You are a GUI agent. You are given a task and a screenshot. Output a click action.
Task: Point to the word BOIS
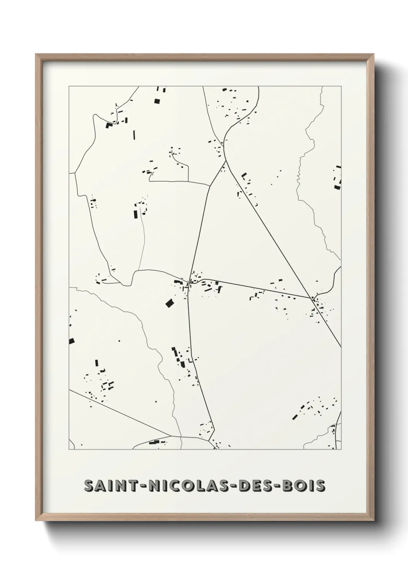click(304, 486)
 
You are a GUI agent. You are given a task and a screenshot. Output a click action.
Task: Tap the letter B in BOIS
click(289, 486)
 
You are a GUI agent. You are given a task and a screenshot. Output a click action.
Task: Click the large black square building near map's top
click(157, 101)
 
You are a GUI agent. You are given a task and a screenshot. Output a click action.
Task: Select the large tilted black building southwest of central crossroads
click(170, 303)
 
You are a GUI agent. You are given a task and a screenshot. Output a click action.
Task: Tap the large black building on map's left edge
click(71, 341)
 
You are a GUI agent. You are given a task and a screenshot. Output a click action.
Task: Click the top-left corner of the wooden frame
click(36, 54)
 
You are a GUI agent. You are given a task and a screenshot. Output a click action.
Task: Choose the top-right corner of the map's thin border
click(341, 86)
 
